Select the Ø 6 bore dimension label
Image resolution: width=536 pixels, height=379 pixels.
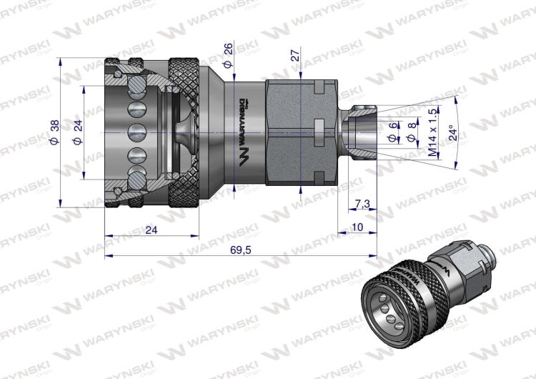[392, 134]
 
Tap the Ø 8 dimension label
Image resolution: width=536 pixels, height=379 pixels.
[411, 134]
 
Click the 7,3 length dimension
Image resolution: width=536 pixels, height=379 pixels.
[362, 205]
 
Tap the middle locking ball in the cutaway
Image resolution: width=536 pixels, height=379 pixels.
[134, 133]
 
